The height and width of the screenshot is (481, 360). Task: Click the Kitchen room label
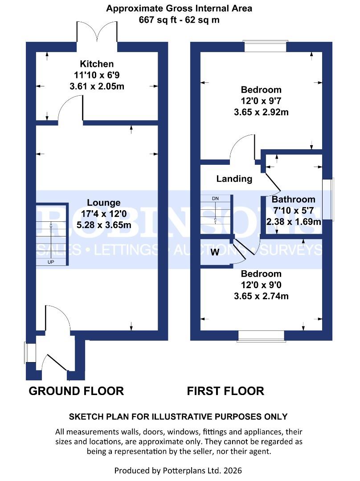point(97,64)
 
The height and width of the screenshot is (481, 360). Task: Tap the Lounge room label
point(103,202)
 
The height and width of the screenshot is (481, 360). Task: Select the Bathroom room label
point(293,200)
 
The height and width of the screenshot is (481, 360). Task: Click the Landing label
point(234,179)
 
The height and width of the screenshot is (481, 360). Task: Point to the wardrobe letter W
point(215,253)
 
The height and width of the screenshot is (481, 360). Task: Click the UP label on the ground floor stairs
point(51,262)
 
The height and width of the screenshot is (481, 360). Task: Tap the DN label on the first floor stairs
point(215,198)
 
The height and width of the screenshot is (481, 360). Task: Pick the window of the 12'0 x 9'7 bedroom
point(265,47)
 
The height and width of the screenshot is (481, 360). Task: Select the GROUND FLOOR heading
point(76,391)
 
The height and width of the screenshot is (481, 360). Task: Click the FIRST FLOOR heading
point(225,391)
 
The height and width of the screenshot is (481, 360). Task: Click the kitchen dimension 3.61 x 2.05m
point(97,86)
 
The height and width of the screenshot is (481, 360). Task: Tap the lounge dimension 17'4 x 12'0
point(103,214)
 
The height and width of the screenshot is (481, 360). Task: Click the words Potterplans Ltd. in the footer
point(195,470)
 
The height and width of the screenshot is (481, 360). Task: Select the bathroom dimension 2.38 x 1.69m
point(293,222)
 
